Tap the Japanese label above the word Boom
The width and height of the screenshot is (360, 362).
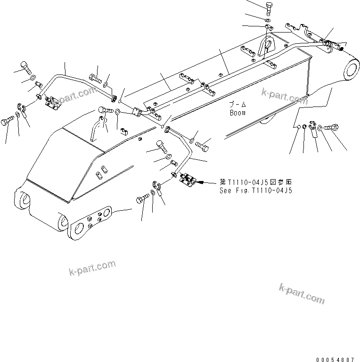[238, 105]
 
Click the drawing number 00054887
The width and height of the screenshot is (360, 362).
[335, 359]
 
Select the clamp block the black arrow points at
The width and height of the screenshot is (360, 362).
[187, 180]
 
